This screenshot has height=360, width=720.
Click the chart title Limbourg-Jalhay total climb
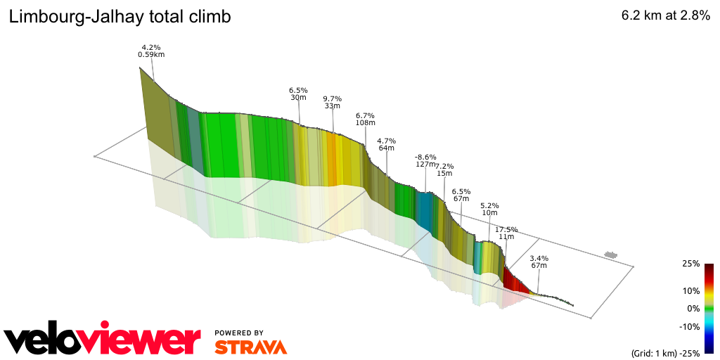tap(120, 17)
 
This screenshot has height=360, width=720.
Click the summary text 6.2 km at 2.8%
tap(665, 17)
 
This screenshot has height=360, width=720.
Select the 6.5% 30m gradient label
tap(298, 94)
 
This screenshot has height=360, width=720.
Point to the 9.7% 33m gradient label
tap(333, 102)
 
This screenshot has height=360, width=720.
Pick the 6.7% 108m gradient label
tap(365, 119)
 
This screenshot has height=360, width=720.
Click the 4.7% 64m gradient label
tap(386, 144)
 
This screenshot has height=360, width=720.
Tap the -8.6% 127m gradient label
tap(425, 160)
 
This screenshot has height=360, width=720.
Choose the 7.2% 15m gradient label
tap(444, 169)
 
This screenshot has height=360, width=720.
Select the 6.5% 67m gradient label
tap(461, 195)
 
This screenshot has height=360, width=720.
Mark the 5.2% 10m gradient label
tap(489, 209)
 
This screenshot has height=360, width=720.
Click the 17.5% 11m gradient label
tap(506, 233)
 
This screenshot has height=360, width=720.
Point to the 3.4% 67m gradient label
tap(539, 262)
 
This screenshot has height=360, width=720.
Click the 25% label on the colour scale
tap(690, 264)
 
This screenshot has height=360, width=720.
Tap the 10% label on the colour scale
tap(690, 290)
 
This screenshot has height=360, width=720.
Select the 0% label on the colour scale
tap(693, 308)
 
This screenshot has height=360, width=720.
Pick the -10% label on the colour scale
tap(689, 326)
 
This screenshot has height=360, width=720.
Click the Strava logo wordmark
tap(250, 347)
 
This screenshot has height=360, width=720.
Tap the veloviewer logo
tap(103, 340)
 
